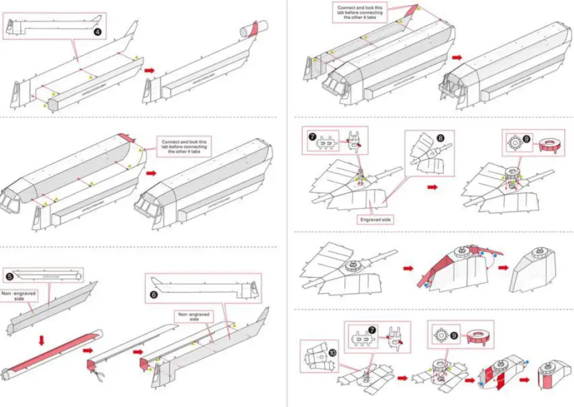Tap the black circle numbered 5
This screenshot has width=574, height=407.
[9, 275]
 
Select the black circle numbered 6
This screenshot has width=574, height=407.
[151, 308]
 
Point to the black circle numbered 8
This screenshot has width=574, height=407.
[440, 138]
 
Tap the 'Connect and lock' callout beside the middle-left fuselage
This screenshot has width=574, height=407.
[184, 145]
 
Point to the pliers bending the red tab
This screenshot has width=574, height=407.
[95, 374]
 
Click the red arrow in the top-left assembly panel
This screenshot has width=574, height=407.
[150, 70]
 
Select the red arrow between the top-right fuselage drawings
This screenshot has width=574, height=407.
[457, 57]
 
